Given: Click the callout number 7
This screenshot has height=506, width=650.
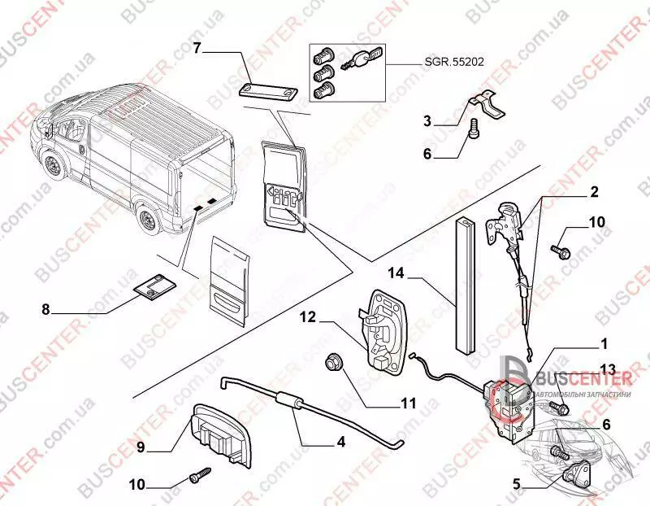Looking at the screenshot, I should click(196, 48).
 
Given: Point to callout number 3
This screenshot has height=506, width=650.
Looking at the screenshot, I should click(427, 121).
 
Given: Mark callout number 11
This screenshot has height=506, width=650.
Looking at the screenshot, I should click(408, 403).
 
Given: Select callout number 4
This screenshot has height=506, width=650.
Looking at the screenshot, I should click(340, 442).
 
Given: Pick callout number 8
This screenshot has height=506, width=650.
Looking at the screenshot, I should click(45, 309).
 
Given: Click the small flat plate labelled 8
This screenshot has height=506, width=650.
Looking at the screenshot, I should click(154, 286).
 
